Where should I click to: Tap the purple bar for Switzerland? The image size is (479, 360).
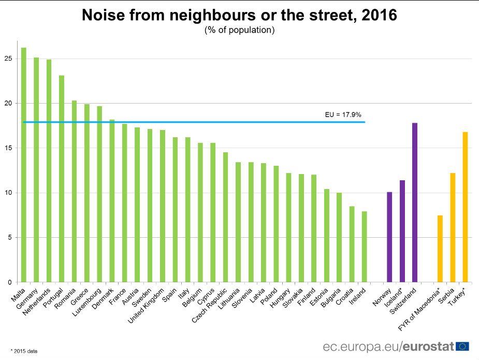(415, 203)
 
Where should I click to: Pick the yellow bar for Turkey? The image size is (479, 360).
(465, 207)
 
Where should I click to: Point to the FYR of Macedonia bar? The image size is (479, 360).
(440, 249)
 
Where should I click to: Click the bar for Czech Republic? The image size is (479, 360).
(225, 217)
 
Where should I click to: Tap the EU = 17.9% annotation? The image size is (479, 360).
(343, 114)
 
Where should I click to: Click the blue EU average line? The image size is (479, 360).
(207, 122)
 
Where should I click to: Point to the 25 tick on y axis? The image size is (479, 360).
(8, 59)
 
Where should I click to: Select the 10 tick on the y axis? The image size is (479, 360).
(8, 193)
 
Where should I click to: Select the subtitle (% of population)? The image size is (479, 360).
(239, 30)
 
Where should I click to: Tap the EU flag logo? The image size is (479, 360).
(463, 346)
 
